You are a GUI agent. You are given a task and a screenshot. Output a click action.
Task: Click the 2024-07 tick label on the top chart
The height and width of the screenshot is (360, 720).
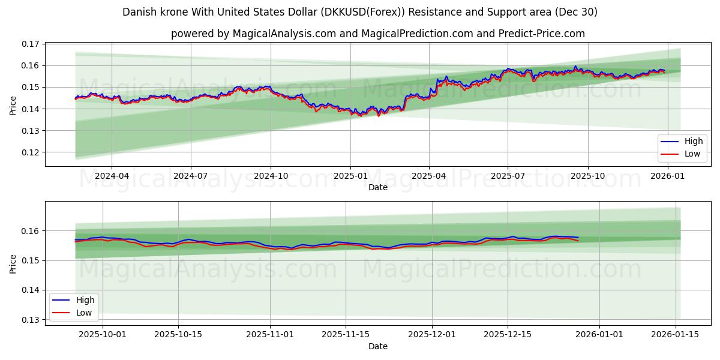[191, 176]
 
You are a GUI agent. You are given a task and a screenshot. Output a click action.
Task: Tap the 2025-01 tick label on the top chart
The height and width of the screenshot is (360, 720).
[350, 176]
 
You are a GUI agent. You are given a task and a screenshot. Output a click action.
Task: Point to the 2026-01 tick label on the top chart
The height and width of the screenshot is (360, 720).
[667, 176]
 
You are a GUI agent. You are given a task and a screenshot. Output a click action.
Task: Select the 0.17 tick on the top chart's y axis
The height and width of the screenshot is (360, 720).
[31, 44]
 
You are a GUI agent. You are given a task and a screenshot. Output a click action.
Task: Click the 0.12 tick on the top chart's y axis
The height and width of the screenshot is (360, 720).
[31, 152]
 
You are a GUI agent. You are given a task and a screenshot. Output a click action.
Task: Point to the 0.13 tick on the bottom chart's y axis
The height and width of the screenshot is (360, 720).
[31, 320]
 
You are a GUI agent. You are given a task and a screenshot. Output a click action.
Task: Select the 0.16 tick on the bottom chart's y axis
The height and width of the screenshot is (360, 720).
[31, 231]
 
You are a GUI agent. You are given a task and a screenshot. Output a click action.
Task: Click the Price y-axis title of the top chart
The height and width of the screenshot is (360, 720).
[13, 105]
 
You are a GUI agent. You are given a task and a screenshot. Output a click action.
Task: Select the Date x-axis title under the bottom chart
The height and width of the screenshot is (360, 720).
[378, 346]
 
